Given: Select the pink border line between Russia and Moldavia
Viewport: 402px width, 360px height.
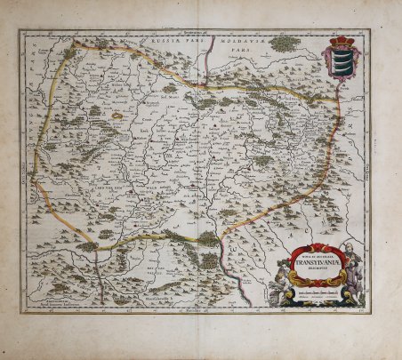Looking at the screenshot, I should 206,62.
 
